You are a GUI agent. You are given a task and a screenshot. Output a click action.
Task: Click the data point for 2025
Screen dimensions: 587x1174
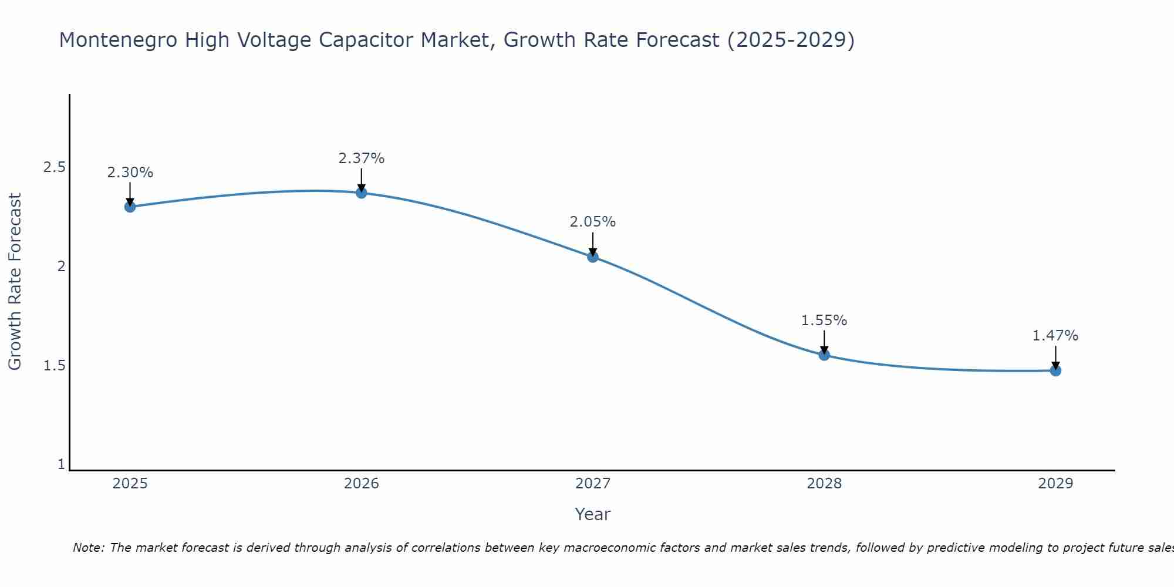tap(130, 207)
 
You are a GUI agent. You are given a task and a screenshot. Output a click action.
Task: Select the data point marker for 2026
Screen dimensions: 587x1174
tap(362, 193)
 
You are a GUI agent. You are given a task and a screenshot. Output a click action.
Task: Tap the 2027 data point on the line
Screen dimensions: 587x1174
tap(593, 257)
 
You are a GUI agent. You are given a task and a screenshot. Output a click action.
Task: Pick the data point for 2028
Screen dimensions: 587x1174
tap(824, 355)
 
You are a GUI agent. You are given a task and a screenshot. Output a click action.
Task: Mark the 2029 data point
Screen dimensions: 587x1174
tap(1055, 370)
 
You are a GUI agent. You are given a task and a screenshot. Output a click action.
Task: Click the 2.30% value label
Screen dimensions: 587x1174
tap(130, 173)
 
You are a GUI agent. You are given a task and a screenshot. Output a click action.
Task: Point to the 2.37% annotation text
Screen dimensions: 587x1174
tap(362, 158)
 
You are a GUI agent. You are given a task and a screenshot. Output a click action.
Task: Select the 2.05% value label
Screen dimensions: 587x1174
tap(593, 222)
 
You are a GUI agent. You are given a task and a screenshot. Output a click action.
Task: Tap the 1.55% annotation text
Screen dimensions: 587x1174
tap(824, 321)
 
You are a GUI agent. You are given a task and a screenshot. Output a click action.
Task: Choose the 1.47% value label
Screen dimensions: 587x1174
tap(1055, 336)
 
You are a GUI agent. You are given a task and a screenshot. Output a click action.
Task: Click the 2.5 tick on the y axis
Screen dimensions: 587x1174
tap(55, 167)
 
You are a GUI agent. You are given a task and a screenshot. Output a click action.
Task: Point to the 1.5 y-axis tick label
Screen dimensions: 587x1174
tap(55, 366)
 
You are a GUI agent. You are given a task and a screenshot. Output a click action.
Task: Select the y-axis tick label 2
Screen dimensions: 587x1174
tap(60, 266)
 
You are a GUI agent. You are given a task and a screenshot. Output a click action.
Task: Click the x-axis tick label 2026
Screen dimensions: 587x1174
tap(362, 484)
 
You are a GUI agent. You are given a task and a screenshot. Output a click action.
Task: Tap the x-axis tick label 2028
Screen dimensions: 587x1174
tap(824, 484)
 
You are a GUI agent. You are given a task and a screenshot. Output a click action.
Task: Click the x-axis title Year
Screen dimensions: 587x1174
tap(593, 514)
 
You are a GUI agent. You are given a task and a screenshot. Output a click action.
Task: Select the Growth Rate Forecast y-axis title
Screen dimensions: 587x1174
tap(15, 282)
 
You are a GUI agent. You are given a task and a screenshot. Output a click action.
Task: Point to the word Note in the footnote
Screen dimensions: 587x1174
tap(88, 548)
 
